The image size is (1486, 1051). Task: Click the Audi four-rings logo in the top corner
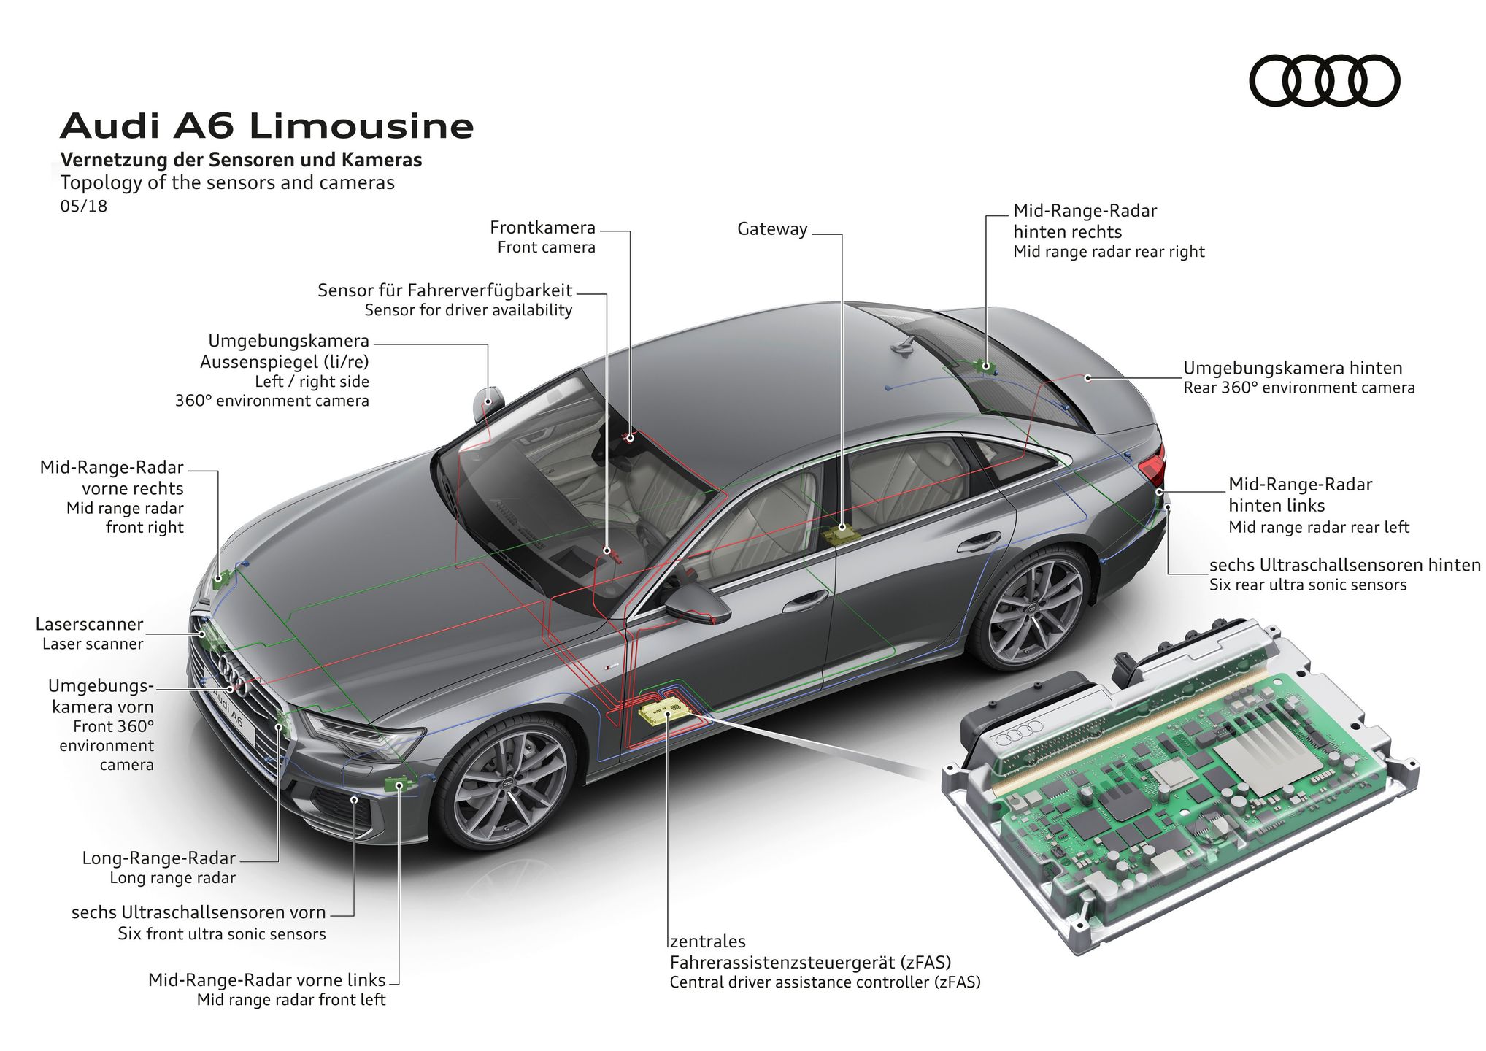(1324, 80)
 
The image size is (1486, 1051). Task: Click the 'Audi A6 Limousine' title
(267, 126)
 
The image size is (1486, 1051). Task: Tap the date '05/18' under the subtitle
(84, 207)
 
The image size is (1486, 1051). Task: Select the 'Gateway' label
(772, 229)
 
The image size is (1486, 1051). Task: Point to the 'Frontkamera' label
(542, 228)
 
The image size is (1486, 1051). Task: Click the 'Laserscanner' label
(90, 625)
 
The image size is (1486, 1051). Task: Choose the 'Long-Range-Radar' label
(158, 858)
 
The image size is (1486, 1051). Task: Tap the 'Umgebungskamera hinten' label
(1292, 369)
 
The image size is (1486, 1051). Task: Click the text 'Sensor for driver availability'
(468, 310)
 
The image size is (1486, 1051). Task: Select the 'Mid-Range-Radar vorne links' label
(266, 980)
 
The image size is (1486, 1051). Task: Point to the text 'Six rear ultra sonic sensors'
(1307, 585)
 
